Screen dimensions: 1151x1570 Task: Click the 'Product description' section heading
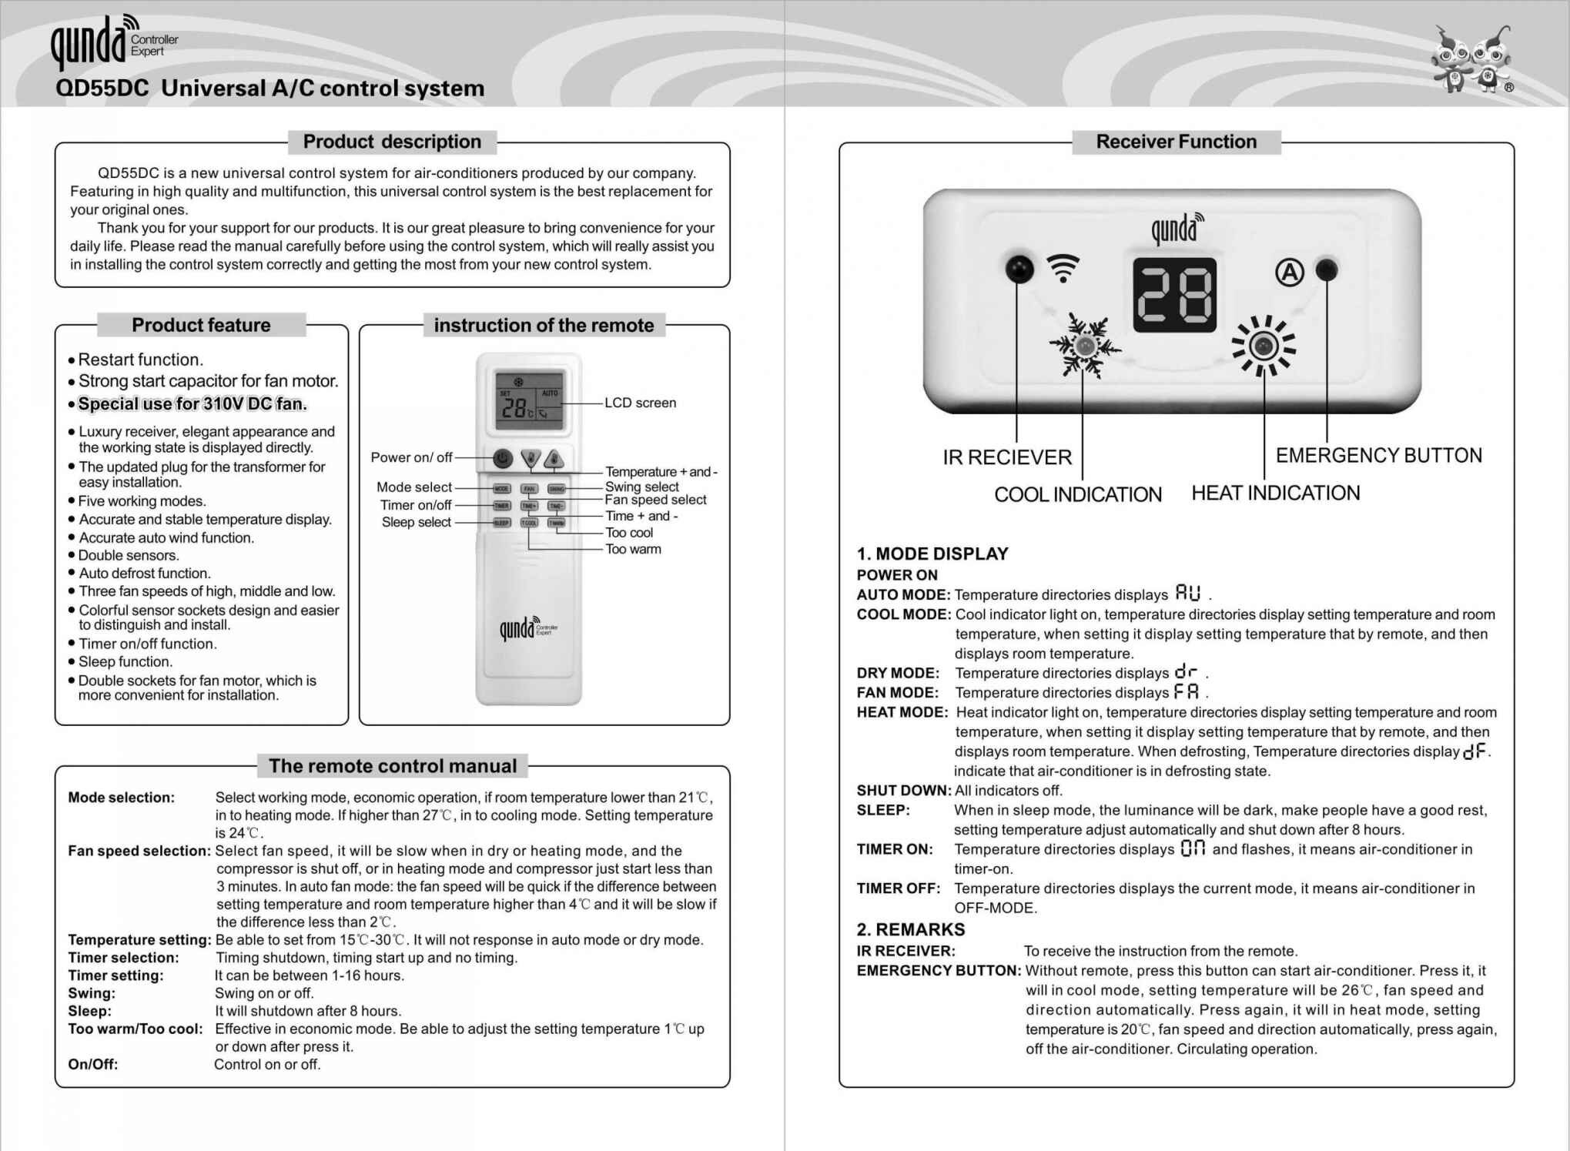[x=392, y=142]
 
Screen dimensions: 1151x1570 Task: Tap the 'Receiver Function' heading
[x=1176, y=142]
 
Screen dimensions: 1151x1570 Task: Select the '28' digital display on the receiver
[x=1174, y=295]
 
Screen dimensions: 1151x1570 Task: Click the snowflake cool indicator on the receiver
[x=1084, y=346]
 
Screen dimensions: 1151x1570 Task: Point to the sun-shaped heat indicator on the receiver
[x=1263, y=346]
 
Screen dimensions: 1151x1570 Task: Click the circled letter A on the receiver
[x=1290, y=272]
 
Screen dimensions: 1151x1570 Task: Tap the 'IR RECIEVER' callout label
[x=1007, y=457]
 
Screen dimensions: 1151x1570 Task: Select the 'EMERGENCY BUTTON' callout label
[x=1378, y=455]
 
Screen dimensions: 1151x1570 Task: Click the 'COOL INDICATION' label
[x=1078, y=494]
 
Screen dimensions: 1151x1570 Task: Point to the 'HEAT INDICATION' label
[x=1276, y=493]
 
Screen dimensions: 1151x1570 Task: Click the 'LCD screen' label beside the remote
[x=640, y=403]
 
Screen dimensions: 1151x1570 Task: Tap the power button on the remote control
[x=503, y=459]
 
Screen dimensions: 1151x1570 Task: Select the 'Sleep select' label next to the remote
[x=416, y=522]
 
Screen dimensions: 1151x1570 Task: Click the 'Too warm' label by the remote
[x=633, y=549]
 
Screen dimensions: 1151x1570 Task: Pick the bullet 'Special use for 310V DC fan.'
[x=192, y=404]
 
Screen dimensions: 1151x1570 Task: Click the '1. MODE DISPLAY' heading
[x=932, y=554]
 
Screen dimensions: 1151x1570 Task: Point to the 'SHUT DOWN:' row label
[x=903, y=791]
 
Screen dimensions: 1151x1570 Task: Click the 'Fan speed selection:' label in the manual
[x=139, y=851]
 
